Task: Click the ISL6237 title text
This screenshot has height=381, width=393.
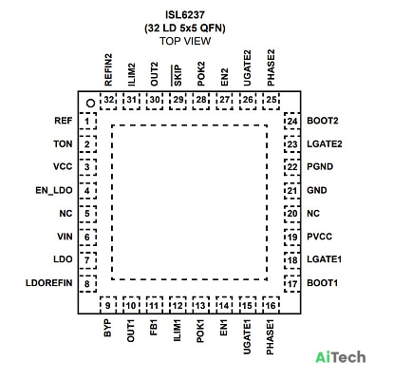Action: pos(185,15)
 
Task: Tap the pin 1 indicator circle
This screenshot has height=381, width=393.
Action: pos(91,103)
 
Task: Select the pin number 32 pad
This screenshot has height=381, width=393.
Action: pos(108,101)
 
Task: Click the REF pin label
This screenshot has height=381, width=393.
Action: pos(64,121)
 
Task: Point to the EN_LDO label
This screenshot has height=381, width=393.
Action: pos(54,190)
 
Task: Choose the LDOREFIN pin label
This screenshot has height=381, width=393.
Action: pos(49,283)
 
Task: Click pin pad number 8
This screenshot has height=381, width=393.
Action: pos(87,283)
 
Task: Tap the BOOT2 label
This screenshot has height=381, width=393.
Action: pos(323,121)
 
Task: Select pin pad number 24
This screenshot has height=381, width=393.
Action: pos(292,121)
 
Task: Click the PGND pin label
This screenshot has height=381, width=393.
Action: pos(320,166)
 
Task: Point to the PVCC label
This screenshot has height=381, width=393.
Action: pos(320,237)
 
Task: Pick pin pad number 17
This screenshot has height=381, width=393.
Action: pos(292,283)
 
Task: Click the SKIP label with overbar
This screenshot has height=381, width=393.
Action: pos(177,75)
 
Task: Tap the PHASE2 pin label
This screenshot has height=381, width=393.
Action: pos(271,67)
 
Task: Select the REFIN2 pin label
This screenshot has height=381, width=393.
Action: pos(108,69)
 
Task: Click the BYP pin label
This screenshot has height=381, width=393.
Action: pos(107,328)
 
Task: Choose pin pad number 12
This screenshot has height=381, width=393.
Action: pos(178,306)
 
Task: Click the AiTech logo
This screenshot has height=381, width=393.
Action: pos(341,357)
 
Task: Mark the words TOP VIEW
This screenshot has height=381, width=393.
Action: pos(185,41)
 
